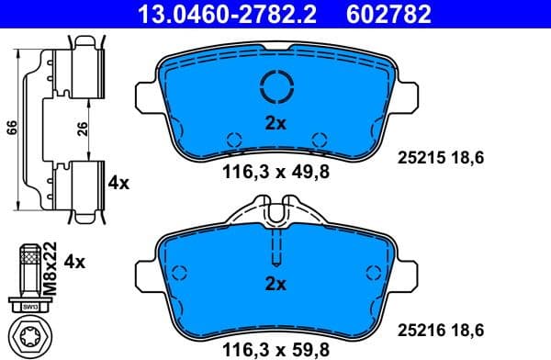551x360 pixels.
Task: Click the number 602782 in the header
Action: [x=387, y=14]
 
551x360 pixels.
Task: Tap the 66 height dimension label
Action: [x=12, y=128]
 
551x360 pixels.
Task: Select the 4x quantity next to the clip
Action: [x=118, y=183]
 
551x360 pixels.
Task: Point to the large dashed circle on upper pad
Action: [x=276, y=87]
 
